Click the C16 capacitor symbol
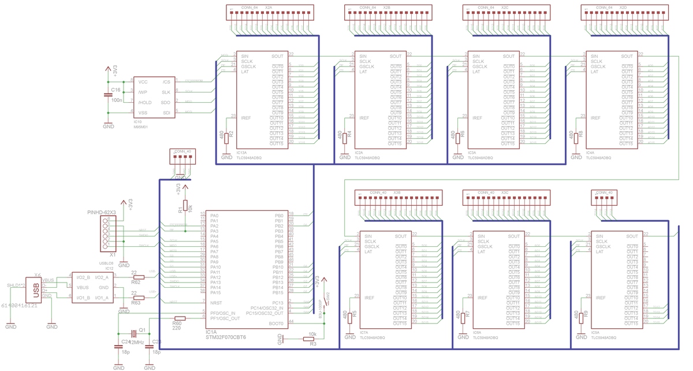(107, 94)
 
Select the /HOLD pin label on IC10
(145, 102)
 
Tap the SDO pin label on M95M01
(166, 102)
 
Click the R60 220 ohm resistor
(180, 318)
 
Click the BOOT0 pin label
(276, 324)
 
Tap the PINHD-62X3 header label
(101, 213)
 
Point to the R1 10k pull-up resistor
(185, 207)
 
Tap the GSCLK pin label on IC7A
(372, 246)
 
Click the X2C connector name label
(505, 7)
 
